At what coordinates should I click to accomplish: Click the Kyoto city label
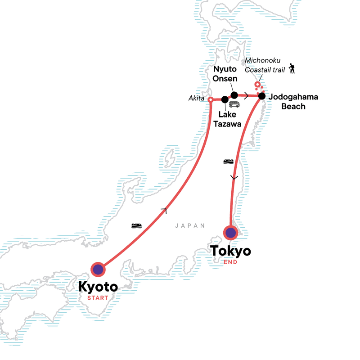coord(98,286)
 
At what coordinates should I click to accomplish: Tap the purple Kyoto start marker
coord(98,270)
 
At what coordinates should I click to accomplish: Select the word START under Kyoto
coord(98,297)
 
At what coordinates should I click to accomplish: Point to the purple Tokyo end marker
coord(231,233)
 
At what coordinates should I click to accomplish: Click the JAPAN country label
coord(190,226)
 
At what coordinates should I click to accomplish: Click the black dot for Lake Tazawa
coord(225,99)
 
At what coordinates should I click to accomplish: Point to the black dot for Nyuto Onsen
coord(234,94)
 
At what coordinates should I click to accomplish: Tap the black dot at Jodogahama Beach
coord(261,96)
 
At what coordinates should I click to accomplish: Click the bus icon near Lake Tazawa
coord(234,104)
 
